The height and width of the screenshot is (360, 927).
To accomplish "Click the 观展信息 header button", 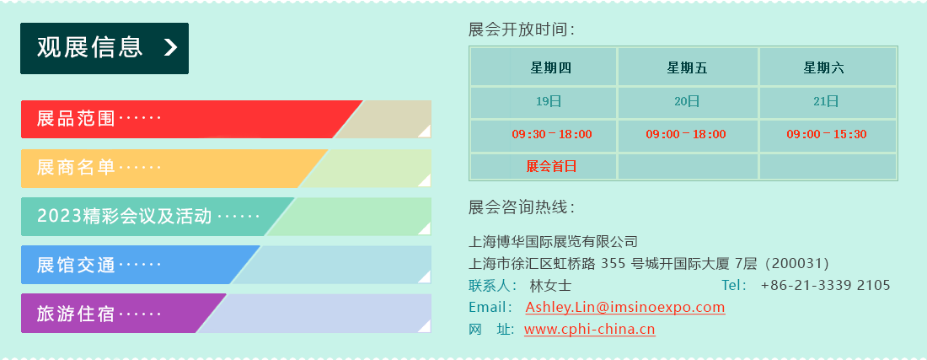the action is coord(104,48).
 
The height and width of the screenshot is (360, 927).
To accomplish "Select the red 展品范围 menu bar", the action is coord(226,120).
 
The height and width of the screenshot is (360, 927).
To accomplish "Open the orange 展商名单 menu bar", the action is coord(226,169).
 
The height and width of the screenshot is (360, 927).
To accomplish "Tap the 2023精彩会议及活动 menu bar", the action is coord(226,217).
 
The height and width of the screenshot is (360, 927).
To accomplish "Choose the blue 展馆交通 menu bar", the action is coord(226,265).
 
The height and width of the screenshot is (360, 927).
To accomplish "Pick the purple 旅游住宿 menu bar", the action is coord(226,314).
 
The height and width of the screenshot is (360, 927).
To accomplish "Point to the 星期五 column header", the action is coord(688,68).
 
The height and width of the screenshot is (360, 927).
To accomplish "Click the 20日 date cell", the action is coord(687,102).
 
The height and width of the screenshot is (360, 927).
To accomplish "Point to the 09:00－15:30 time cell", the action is coord(827,135).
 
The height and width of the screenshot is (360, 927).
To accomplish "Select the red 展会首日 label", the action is coord(551,167).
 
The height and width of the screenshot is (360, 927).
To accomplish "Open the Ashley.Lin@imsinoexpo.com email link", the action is coord(625,308).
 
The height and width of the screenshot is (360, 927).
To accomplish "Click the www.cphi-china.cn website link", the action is coord(589,330).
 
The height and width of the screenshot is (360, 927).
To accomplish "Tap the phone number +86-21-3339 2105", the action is coord(825,286).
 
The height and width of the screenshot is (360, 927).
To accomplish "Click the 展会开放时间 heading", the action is coord(521,30).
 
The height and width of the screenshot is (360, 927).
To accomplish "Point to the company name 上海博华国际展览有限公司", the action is coord(553,241).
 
